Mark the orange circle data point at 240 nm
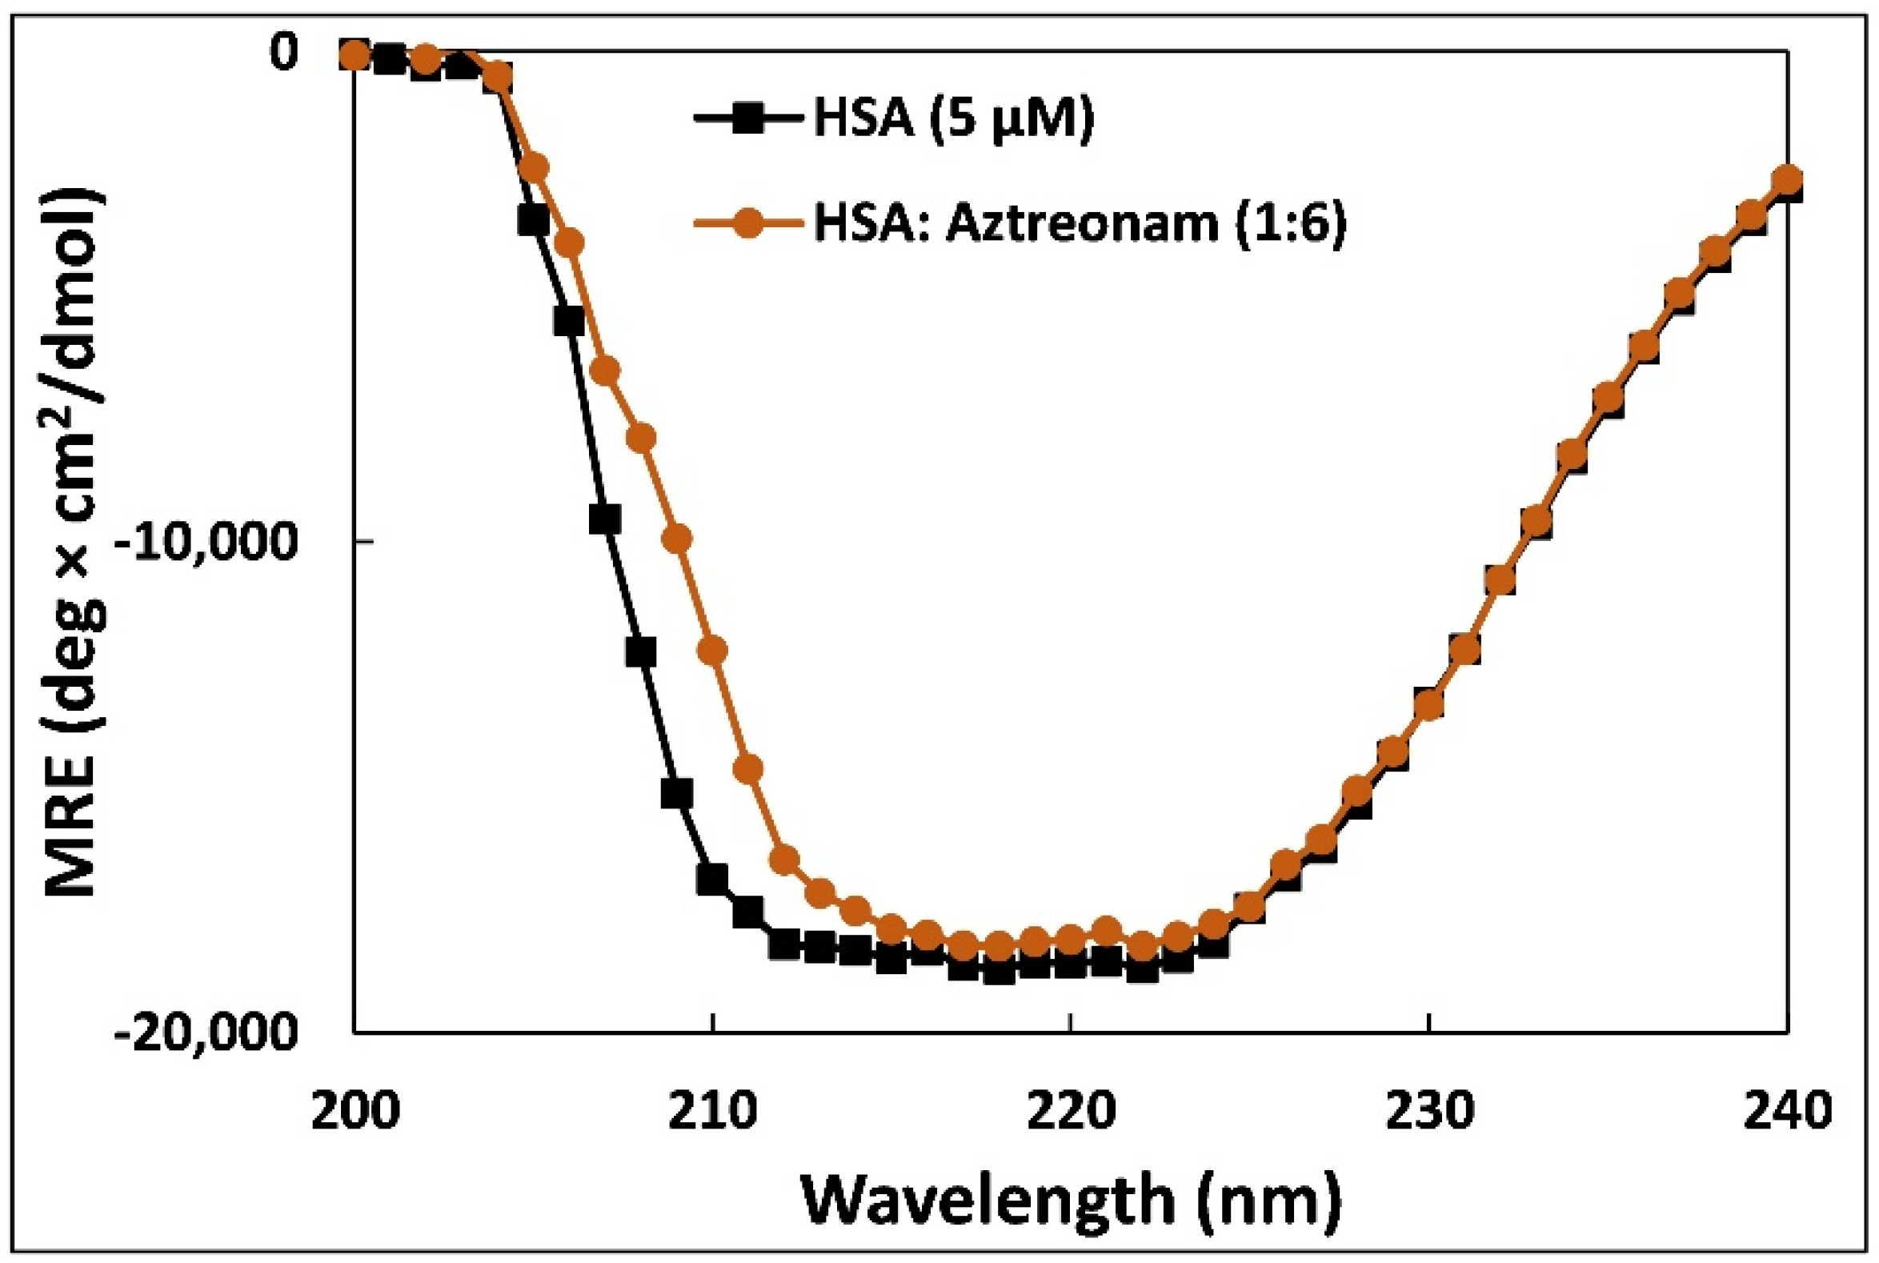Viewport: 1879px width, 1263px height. pos(1786,180)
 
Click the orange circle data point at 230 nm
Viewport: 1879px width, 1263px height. pos(1428,704)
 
